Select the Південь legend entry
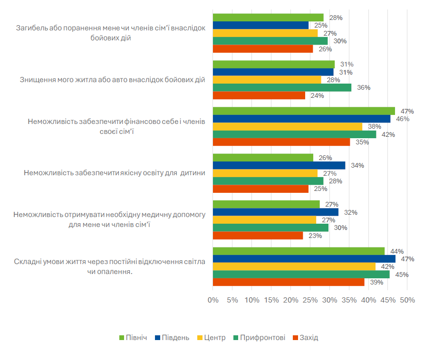175,338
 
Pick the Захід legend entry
309,338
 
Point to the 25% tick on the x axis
310,300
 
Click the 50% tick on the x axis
407,300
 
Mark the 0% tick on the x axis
212,300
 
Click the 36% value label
364,87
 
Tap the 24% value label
318,95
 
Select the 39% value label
376,283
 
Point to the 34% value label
357,165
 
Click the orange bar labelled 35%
281,142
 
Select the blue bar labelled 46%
301,119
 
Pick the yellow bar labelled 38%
287,126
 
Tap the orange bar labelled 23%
258,236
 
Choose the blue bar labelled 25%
260,25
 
